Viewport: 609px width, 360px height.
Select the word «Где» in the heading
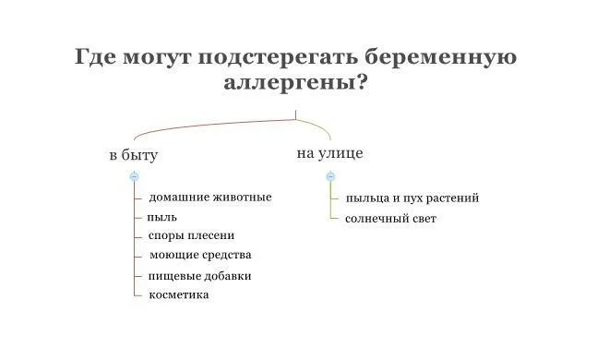pos(96,57)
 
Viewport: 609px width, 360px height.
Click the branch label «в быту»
pos(133,155)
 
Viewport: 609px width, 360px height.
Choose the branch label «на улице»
pos(329,153)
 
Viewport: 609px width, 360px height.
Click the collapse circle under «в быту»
pos(135,175)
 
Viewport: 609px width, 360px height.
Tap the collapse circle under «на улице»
pos(330,175)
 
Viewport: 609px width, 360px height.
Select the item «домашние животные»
pos(210,197)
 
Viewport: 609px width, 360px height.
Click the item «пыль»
pos(161,217)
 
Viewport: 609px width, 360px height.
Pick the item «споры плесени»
pos(191,235)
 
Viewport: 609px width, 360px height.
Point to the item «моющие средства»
pos(199,255)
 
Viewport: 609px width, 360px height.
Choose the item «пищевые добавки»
pos(199,275)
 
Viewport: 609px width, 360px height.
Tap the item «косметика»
pos(178,294)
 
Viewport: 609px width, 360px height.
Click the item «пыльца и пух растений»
pos(412,198)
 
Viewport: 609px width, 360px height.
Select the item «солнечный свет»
pos(390,219)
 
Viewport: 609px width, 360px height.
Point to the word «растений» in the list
pos(451,198)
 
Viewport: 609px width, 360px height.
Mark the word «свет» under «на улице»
pos(421,219)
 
